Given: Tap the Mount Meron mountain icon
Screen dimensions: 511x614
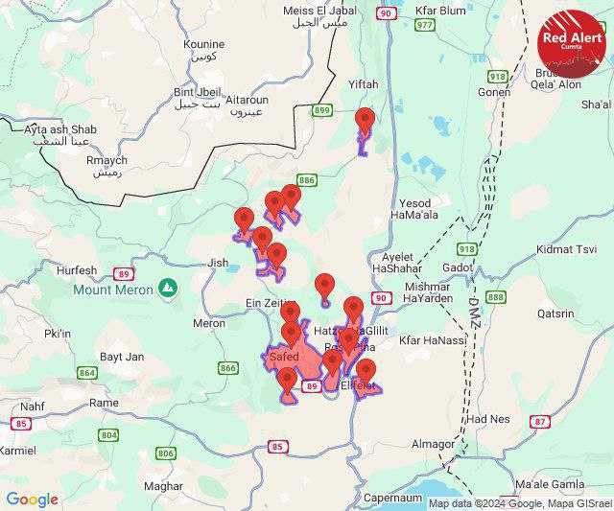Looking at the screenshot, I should point(169,287).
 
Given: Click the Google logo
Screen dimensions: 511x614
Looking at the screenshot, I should point(32,499).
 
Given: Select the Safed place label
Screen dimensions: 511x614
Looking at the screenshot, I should point(284,357).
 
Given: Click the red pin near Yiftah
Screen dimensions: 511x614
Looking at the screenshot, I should point(364,122).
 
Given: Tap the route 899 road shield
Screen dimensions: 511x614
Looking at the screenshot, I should point(322,111).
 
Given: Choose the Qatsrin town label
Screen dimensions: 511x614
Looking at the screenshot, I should point(555,313).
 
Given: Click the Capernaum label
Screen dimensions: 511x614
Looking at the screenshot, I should point(392,499).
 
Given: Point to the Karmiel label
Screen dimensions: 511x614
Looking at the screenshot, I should point(16,450).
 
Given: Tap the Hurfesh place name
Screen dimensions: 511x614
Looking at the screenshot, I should point(77,271).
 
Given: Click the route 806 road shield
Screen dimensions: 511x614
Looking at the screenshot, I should point(166,453).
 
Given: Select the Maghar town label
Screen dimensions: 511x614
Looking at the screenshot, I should point(164,486).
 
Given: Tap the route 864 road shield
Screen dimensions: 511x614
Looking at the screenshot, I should point(88,373).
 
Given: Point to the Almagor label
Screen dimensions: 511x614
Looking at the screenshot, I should point(434,444).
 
